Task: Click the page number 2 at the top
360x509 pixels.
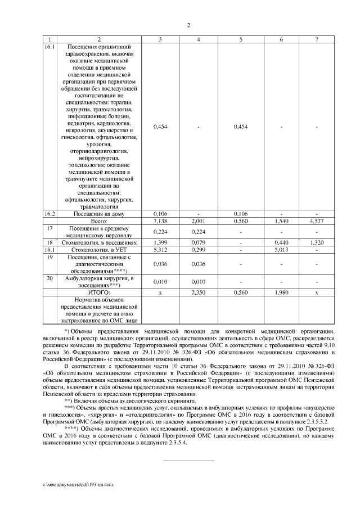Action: [188, 25]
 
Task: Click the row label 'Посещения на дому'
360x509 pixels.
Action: [99, 214]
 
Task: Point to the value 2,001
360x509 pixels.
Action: [199, 222]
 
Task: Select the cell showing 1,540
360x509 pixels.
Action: [281, 222]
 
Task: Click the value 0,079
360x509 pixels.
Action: [199, 242]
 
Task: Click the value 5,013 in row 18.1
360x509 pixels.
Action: [281, 249]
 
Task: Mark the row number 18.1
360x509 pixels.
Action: [50, 249]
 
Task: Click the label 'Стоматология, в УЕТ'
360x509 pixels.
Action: [99, 249]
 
